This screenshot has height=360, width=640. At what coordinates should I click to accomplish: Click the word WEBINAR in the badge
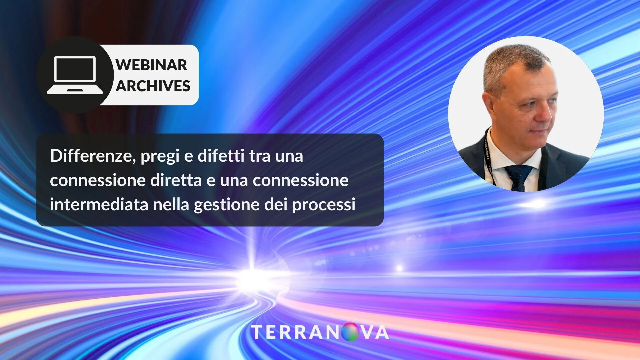click(151, 65)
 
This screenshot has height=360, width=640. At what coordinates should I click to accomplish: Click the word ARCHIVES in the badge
click(153, 86)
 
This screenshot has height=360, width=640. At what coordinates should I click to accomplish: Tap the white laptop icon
click(75, 75)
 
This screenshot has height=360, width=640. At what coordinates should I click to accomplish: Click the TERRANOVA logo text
click(320, 332)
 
